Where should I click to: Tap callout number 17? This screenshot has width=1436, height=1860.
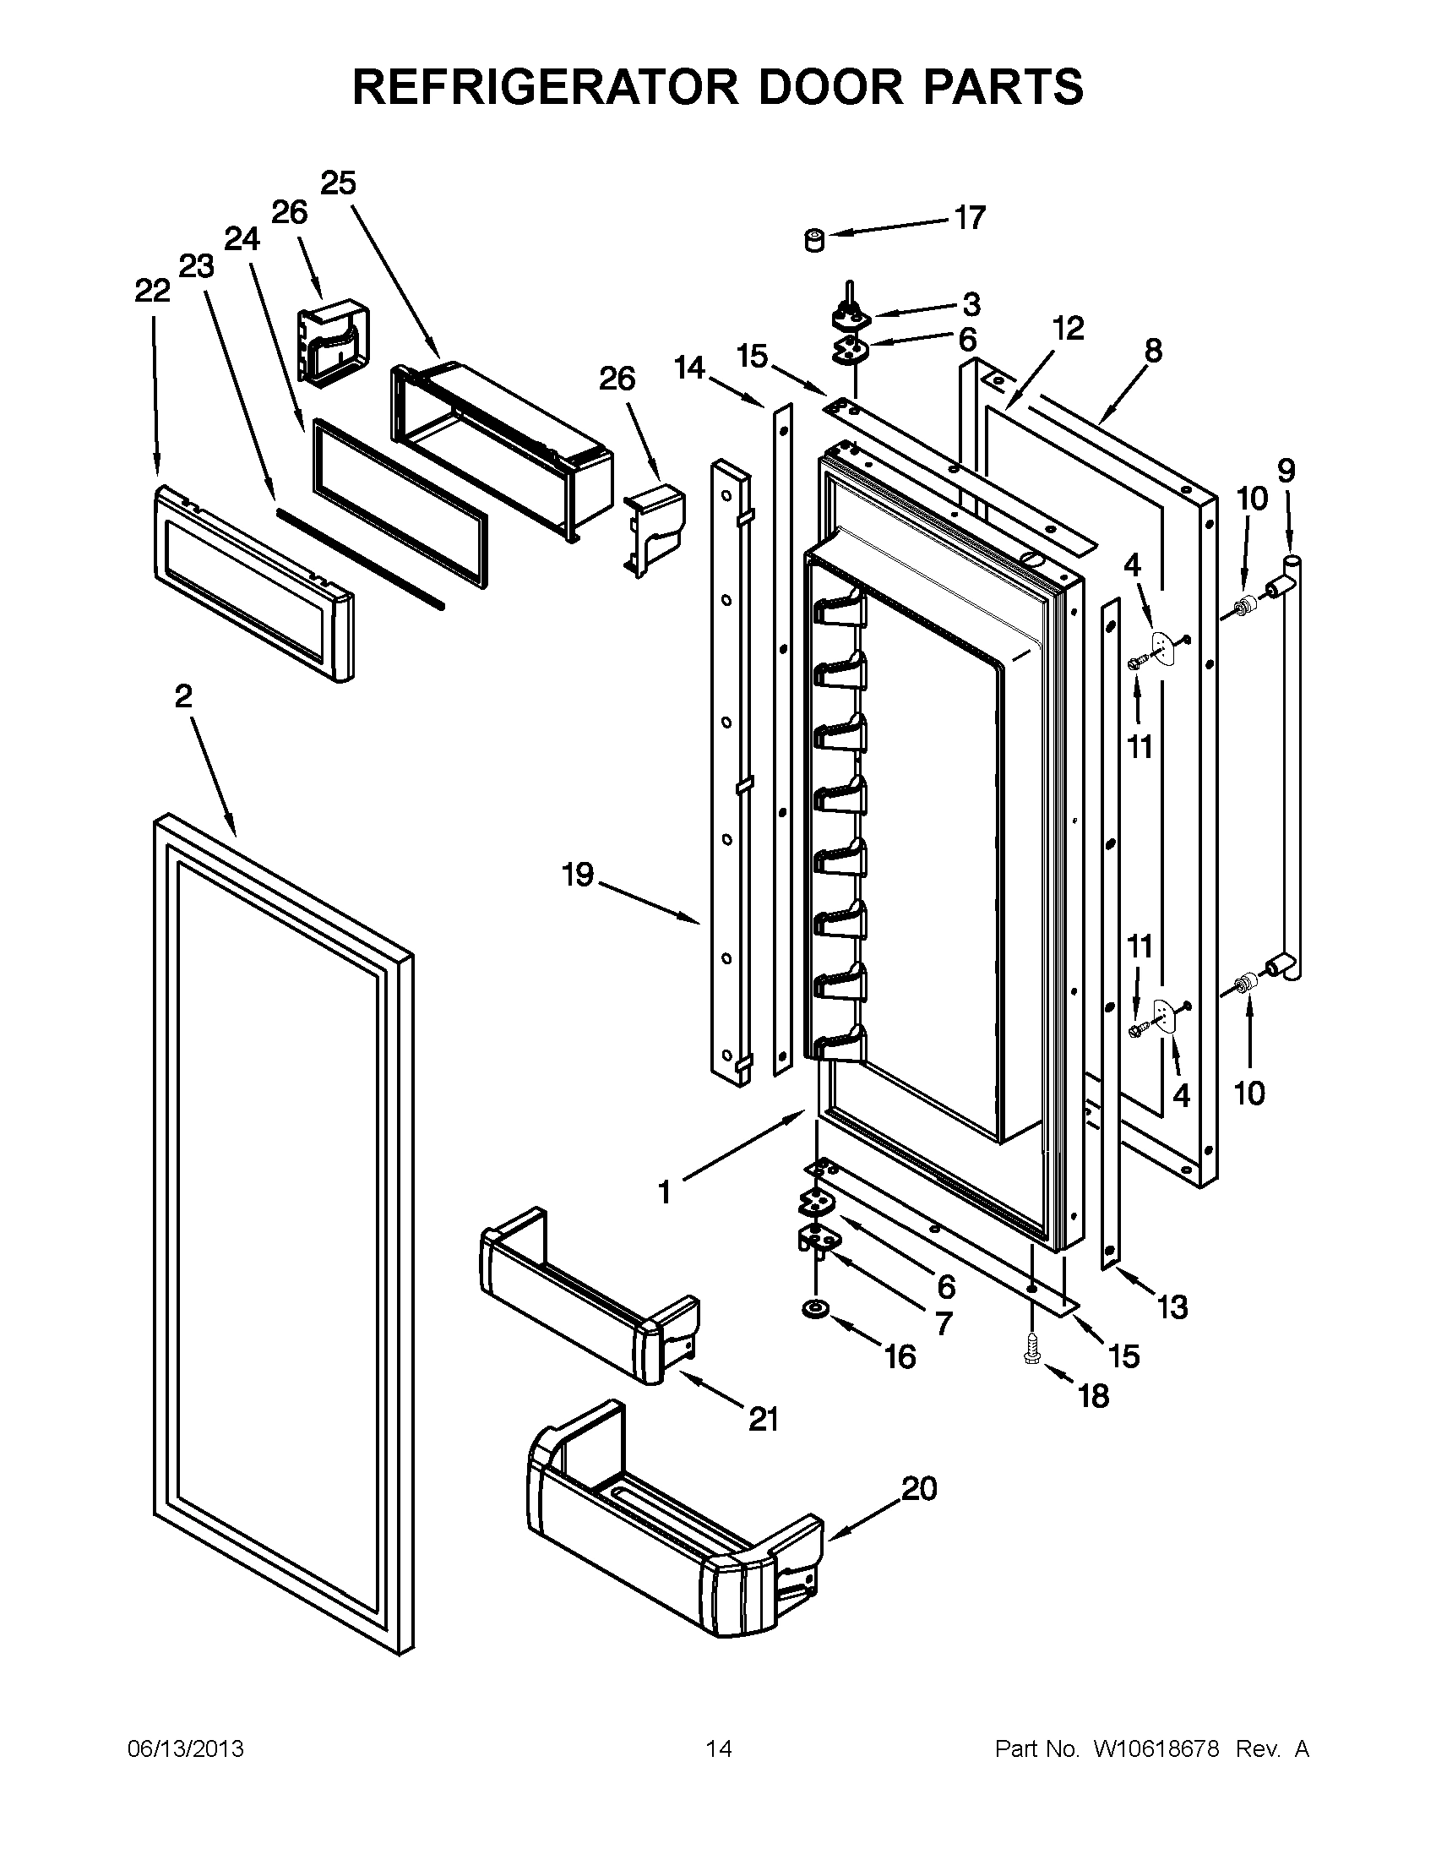[x=970, y=218]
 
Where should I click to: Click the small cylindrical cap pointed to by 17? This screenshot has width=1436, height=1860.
[x=814, y=240]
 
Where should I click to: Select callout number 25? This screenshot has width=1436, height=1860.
[x=338, y=183]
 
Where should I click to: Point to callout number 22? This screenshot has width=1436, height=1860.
[x=152, y=292]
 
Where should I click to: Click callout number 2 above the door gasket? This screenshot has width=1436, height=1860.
[x=183, y=696]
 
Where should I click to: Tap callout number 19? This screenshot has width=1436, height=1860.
[x=578, y=875]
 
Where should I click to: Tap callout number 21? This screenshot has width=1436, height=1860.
[x=764, y=1419]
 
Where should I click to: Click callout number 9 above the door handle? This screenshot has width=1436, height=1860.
[x=1286, y=469]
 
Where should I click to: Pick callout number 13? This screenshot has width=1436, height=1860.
[x=1172, y=1307]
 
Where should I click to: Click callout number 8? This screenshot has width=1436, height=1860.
[x=1152, y=351]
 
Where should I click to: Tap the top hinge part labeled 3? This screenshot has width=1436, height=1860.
[x=849, y=316]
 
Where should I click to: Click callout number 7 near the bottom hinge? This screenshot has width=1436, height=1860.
[x=944, y=1323]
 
